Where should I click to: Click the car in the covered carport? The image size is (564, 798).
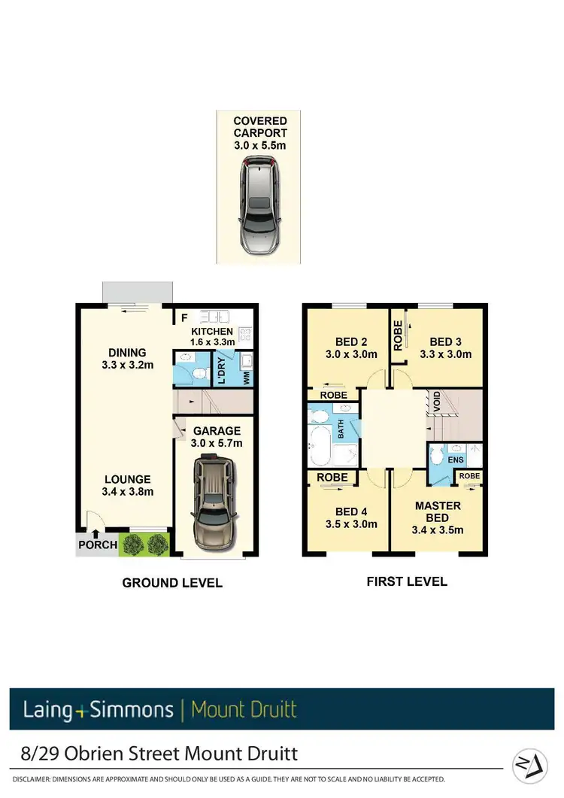click(259, 205)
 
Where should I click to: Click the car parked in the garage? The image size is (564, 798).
click(213, 504)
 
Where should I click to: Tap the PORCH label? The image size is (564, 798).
click(97, 545)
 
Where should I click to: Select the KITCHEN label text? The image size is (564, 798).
click(212, 332)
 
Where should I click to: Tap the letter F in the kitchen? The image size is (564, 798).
click(184, 317)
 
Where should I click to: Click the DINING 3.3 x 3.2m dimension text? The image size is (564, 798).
click(127, 366)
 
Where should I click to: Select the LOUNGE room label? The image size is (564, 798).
click(127, 479)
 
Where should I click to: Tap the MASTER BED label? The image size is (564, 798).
click(437, 511)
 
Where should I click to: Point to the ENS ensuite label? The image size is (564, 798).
click(455, 459)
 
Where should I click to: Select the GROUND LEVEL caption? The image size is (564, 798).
click(172, 583)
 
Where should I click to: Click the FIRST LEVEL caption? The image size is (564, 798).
click(406, 581)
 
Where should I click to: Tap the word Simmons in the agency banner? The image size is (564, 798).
click(132, 709)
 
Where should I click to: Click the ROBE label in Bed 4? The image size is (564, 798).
click(332, 478)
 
